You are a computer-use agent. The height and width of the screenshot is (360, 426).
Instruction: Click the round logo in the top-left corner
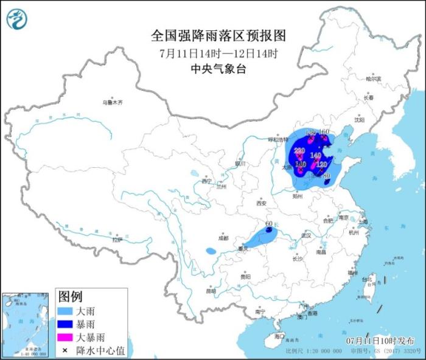point(17,19)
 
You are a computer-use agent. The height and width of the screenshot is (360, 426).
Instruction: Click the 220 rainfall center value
point(299,150)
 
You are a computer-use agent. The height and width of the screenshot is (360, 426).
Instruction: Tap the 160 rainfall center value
point(324,132)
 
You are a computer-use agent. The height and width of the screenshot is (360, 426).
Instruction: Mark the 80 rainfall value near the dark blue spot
point(326,176)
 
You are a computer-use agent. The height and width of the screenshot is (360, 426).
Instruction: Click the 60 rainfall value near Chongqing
point(268,224)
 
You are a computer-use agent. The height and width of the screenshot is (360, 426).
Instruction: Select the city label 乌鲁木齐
point(112,103)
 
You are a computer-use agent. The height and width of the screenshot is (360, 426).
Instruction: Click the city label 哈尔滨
point(373,79)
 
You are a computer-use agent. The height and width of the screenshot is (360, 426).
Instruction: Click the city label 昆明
point(211,291)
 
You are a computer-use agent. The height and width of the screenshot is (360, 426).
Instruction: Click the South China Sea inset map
point(27,322)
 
